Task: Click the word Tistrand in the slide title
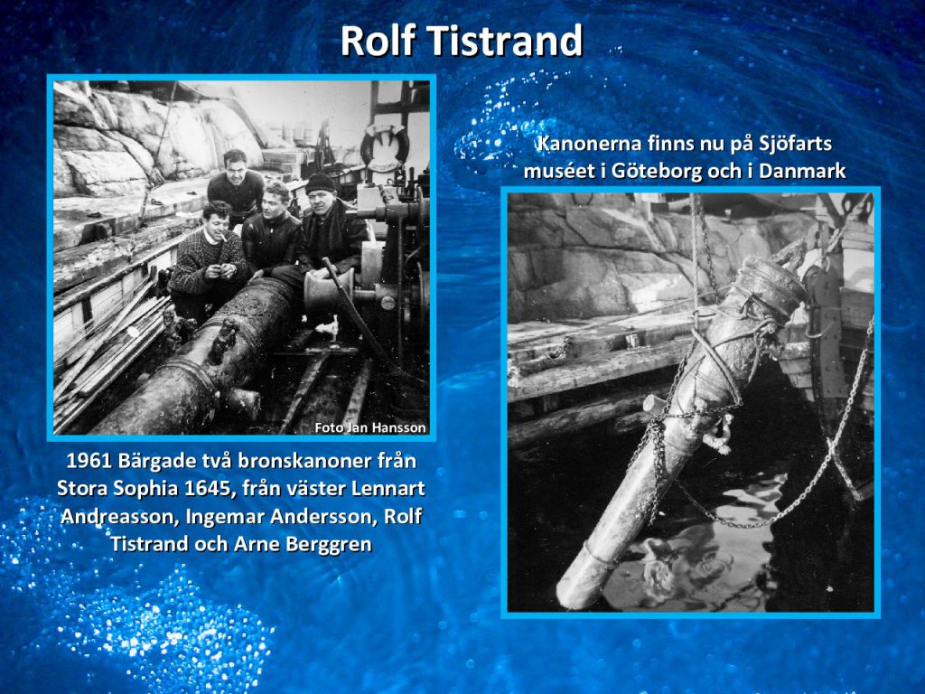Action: click(x=504, y=41)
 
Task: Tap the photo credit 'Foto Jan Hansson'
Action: click(x=369, y=427)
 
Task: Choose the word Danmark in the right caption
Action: click(x=802, y=171)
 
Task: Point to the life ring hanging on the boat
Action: click(x=385, y=145)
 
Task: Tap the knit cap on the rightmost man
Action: click(x=320, y=183)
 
